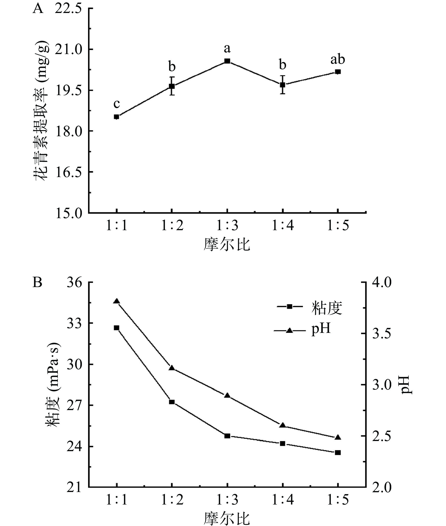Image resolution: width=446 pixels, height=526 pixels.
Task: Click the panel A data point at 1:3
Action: [227, 61]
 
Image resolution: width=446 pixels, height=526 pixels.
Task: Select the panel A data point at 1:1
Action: [116, 117]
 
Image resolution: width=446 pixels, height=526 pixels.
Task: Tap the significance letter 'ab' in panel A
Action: [337, 60]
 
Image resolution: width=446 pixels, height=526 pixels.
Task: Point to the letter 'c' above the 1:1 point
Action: [116, 104]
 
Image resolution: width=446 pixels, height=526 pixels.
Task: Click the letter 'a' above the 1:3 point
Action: [227, 48]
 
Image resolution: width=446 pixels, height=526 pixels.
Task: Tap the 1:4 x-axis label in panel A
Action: [283, 225]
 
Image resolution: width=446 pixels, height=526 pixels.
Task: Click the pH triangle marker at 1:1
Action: [117, 301]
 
